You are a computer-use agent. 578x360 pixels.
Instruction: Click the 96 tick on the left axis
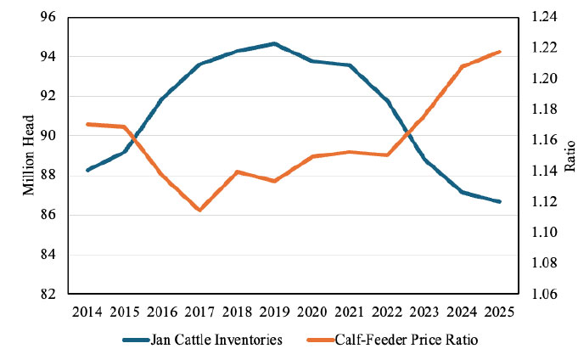click(x=48, y=17)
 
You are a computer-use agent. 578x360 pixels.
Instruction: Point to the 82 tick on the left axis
click(x=48, y=294)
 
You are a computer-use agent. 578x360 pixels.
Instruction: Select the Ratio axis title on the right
click(x=570, y=155)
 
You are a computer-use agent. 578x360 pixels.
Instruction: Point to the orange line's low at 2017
click(x=199, y=210)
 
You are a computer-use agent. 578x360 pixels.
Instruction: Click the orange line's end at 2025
click(x=499, y=52)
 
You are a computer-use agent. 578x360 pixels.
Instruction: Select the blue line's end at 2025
click(x=499, y=201)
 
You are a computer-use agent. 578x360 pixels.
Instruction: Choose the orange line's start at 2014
click(x=88, y=124)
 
